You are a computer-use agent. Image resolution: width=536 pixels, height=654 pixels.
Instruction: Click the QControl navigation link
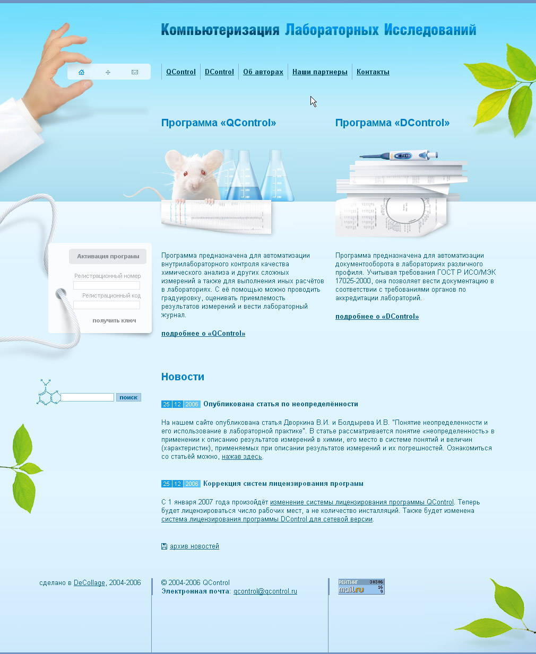point(181,72)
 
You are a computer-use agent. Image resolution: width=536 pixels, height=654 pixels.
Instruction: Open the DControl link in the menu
point(219,72)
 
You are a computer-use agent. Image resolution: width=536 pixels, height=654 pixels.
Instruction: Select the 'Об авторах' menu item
point(263,72)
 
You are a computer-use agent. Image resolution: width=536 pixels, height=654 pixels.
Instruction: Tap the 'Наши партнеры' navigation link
point(320,72)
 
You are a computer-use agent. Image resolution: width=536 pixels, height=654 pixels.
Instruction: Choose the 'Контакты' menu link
point(373,72)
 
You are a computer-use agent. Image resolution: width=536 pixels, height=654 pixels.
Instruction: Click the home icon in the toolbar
point(81,72)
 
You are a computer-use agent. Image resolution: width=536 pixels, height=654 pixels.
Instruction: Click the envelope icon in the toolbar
point(135,72)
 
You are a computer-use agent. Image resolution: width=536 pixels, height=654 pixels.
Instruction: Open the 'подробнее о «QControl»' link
point(203,334)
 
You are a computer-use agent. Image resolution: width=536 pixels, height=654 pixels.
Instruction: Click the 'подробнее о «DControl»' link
point(377,317)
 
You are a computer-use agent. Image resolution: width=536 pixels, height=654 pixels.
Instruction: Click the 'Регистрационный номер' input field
point(107,285)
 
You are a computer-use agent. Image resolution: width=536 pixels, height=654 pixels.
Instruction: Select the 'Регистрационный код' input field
point(107,305)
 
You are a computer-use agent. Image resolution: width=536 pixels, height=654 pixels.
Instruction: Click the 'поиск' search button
point(128,397)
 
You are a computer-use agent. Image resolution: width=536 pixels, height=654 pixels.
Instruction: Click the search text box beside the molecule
point(88,397)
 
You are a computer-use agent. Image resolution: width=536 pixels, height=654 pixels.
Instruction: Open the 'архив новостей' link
point(194,546)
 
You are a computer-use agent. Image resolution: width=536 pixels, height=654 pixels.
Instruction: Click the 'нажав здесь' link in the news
point(242,457)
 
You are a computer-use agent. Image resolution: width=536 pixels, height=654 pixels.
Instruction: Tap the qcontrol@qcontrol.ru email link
point(265,591)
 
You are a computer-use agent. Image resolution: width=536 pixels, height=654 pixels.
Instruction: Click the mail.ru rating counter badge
point(361,586)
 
